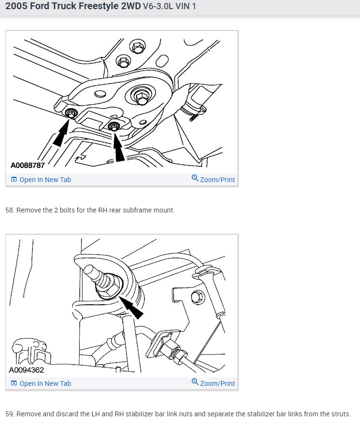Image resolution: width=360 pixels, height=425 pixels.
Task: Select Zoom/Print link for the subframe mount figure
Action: [x=213, y=180]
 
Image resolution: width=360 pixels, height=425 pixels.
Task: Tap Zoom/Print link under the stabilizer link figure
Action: [x=213, y=383]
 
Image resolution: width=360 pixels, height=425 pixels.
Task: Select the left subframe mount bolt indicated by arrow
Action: [x=70, y=114]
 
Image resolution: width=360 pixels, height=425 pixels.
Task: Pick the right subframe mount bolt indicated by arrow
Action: [x=114, y=127]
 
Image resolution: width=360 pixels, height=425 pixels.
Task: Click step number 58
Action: [x=10, y=211]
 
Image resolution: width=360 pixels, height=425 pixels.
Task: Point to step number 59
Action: [x=10, y=414]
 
